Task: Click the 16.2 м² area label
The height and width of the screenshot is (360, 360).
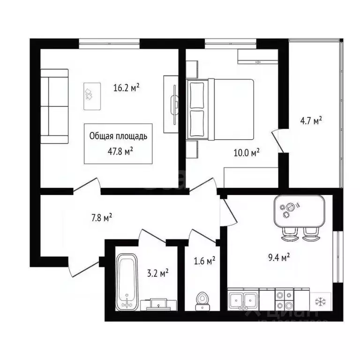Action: pos(127,87)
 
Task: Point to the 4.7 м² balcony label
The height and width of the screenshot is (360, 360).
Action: pos(311,121)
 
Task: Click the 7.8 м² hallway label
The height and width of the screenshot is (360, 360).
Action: pos(101,217)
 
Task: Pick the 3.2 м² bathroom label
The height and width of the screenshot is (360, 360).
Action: pos(158,272)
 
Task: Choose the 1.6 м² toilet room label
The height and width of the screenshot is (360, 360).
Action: pos(204,260)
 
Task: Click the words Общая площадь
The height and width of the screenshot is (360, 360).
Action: pos(118,136)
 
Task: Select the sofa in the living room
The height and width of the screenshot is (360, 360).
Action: pos(54,106)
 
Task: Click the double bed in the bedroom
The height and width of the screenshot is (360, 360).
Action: pos(220,109)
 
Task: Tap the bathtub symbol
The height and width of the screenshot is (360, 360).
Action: pos(127,281)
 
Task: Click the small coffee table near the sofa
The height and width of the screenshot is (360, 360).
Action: pos(91,96)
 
